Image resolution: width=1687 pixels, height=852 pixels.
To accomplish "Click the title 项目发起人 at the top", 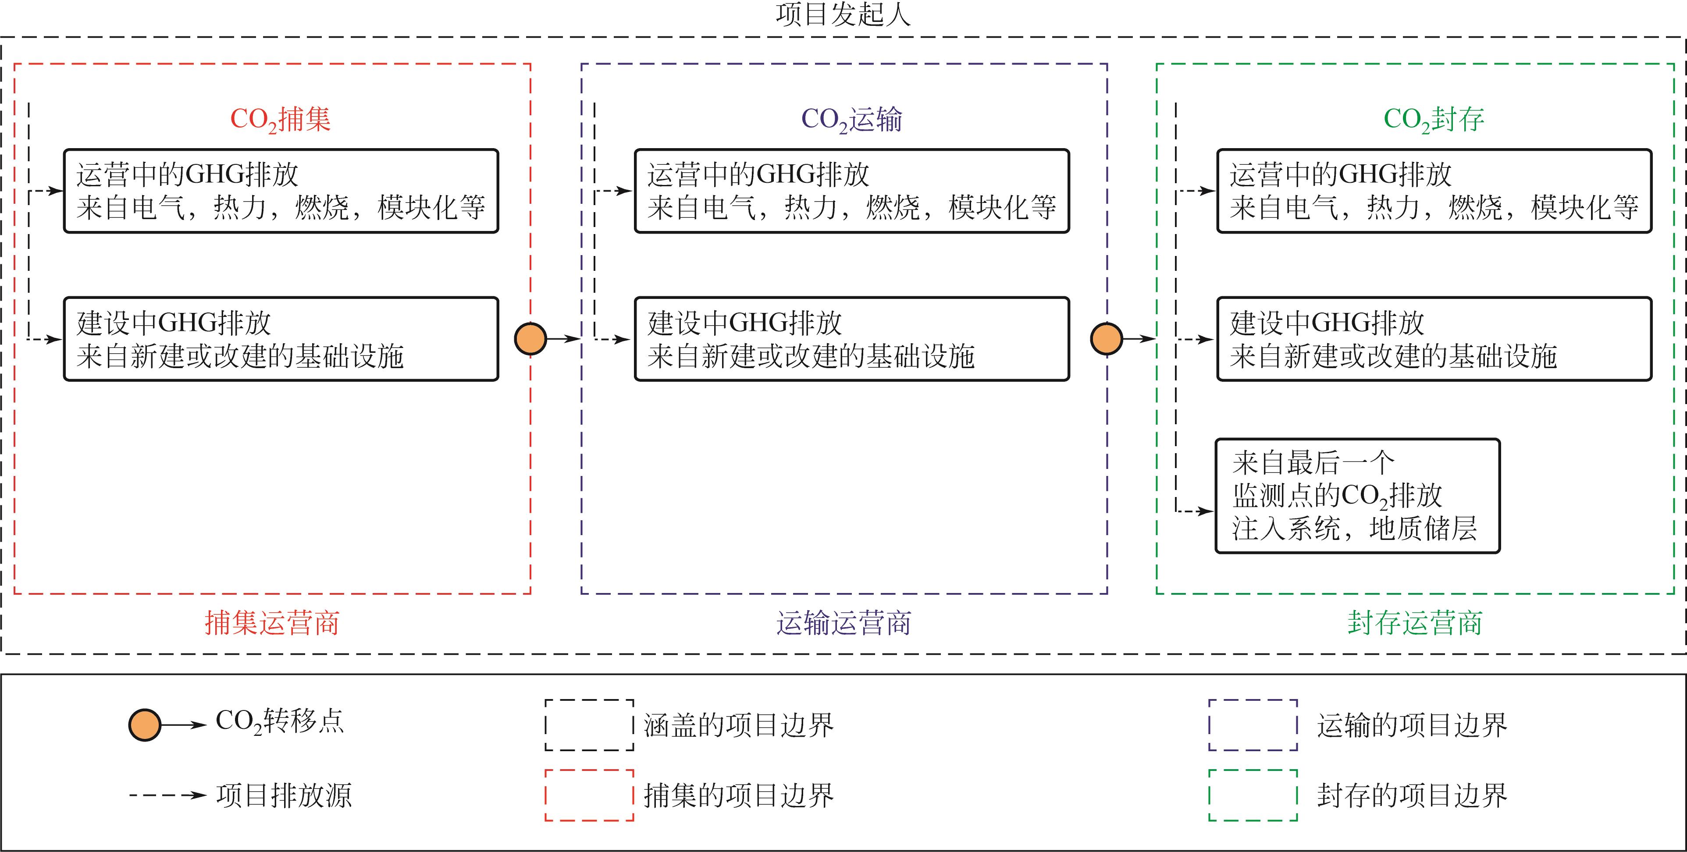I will (843, 15).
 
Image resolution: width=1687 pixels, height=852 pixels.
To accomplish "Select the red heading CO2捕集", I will (280, 119).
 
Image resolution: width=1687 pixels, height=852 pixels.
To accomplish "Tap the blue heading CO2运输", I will (851, 119).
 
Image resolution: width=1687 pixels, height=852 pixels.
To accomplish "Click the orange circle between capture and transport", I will (530, 339).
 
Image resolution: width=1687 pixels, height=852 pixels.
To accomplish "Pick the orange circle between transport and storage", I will (1106, 339).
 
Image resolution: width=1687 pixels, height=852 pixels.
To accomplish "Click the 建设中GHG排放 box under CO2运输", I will (851, 339).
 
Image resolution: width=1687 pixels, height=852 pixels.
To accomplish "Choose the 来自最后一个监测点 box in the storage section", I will (1357, 496).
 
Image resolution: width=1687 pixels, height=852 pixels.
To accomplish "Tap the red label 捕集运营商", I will (272, 622).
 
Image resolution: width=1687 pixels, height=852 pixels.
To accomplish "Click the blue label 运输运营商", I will (843, 622).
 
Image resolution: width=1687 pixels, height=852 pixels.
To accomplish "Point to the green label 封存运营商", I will (1415, 622).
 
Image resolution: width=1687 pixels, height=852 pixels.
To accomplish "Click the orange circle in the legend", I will (145, 725).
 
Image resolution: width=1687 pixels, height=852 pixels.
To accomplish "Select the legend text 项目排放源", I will (284, 795).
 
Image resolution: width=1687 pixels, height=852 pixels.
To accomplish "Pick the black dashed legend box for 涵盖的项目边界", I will (589, 725).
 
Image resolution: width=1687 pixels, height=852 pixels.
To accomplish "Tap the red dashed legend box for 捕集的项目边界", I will (589, 795).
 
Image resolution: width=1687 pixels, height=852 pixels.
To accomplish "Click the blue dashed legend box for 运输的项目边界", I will (1253, 725).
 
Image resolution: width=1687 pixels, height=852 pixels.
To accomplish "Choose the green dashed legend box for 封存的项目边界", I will (1253, 795).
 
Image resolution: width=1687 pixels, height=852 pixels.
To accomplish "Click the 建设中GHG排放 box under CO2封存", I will (1434, 339).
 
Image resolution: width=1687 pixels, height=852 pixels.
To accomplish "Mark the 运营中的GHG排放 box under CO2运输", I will (851, 191).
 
